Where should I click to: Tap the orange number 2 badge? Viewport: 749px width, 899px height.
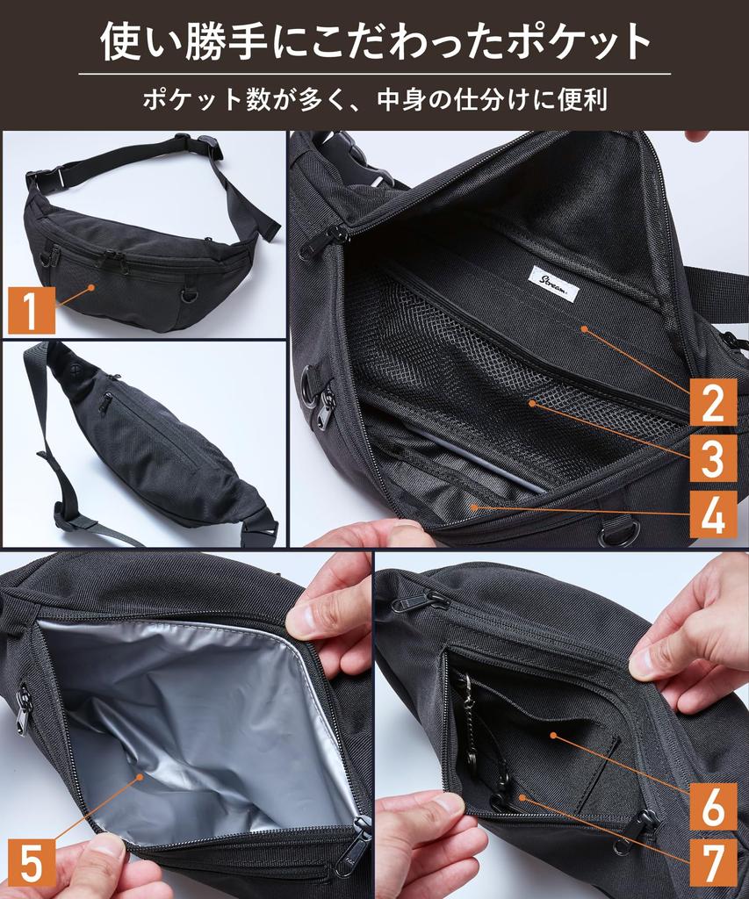tap(712, 402)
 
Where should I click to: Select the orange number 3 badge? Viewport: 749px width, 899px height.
tap(712, 458)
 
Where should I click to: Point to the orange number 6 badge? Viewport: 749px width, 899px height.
tap(712, 805)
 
